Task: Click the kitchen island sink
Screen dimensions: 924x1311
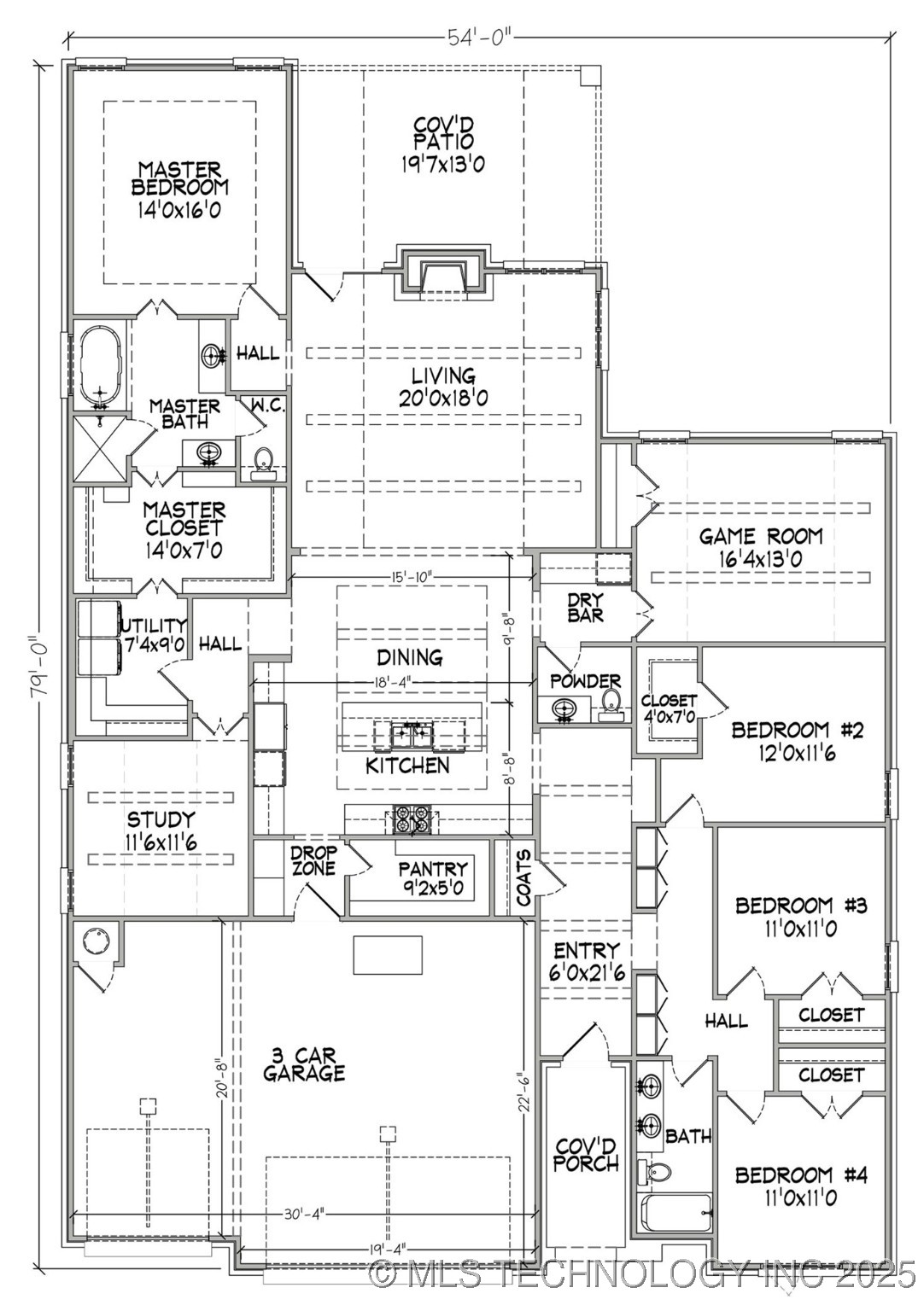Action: coord(412,736)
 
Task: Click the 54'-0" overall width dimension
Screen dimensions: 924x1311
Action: coord(480,38)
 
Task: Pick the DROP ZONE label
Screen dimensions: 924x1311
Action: coord(314,860)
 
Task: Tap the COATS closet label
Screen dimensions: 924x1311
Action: coord(523,878)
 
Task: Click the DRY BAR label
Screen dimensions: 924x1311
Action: coord(586,608)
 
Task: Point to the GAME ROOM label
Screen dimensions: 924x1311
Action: coord(761,536)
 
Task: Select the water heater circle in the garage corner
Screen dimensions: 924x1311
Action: coord(96,943)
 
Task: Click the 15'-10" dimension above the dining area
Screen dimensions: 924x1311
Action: coord(411,576)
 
